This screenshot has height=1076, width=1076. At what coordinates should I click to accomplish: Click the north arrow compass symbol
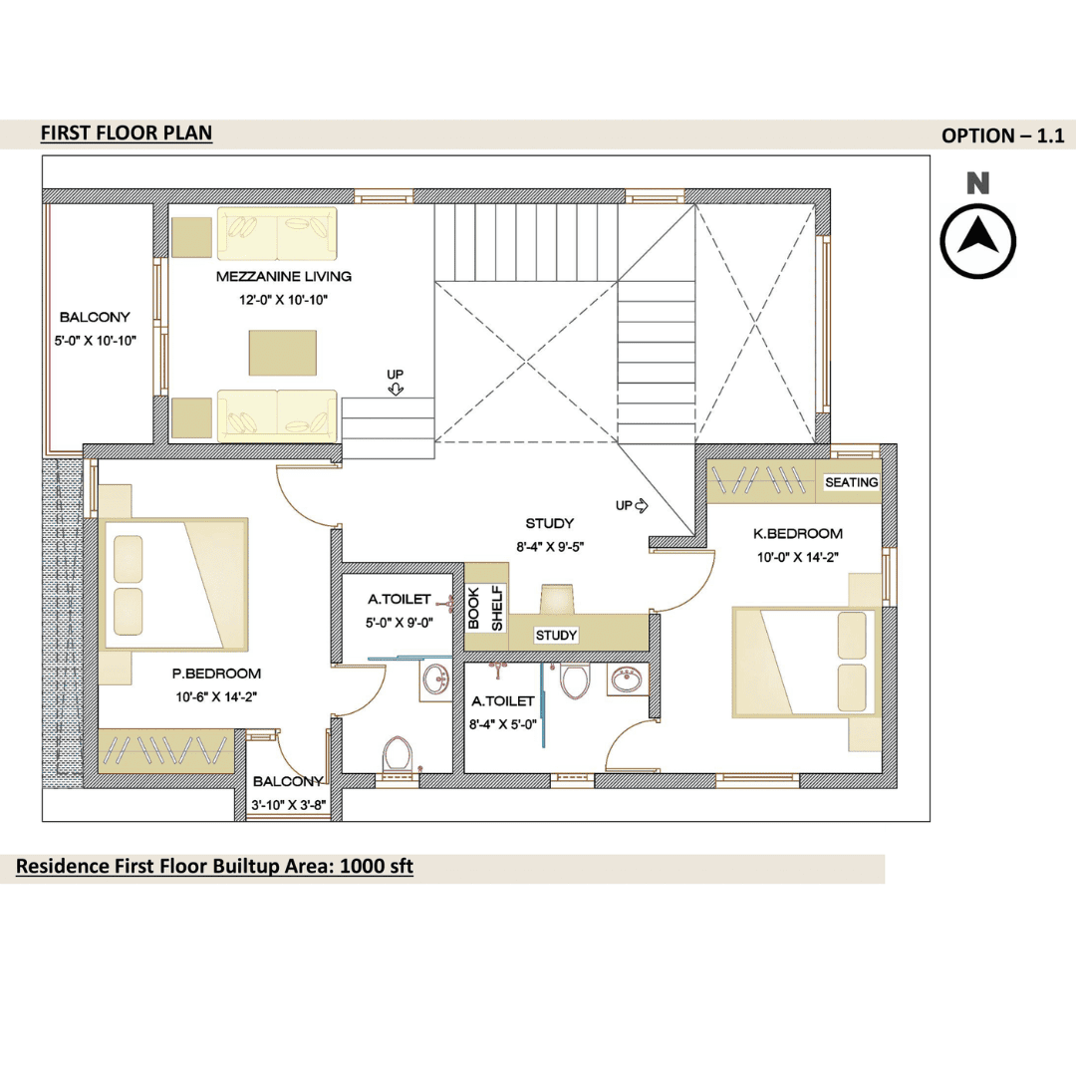pyautogui.click(x=977, y=241)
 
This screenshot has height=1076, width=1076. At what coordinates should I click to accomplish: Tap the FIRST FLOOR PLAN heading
pyautogui.click(x=127, y=133)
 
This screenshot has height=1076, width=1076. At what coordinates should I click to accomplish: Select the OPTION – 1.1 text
pyautogui.click(x=1002, y=135)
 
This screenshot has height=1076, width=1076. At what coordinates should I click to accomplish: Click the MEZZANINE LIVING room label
pyautogui.click(x=283, y=277)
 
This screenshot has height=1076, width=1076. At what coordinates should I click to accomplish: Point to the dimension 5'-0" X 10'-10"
pyautogui.click(x=96, y=341)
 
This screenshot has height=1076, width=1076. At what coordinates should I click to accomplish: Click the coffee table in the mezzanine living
pyautogui.click(x=283, y=353)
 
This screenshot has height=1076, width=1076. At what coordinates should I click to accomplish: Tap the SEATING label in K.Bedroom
pyautogui.click(x=852, y=482)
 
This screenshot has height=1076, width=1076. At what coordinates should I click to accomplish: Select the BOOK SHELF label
pyautogui.click(x=485, y=608)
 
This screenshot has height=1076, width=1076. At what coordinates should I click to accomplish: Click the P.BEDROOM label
pyautogui.click(x=216, y=673)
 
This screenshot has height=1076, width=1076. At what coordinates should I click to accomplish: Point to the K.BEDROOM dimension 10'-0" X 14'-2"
pyautogui.click(x=798, y=557)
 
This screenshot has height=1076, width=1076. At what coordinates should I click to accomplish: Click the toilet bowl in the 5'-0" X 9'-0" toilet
pyautogui.click(x=398, y=754)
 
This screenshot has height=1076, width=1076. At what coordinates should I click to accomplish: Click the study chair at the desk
pyautogui.click(x=557, y=598)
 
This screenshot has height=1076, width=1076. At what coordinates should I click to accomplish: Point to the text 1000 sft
pyautogui.click(x=377, y=866)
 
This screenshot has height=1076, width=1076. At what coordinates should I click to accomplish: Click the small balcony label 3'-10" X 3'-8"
pyautogui.click(x=288, y=805)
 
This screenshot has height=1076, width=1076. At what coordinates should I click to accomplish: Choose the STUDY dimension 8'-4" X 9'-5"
pyautogui.click(x=550, y=547)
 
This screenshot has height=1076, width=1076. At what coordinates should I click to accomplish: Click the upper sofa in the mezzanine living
pyautogui.click(x=277, y=234)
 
